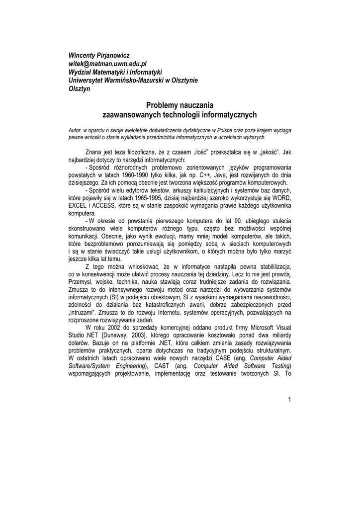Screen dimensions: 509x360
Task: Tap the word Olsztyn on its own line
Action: coord(79,89)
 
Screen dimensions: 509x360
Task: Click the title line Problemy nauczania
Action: coord(180,105)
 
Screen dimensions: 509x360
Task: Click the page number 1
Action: coord(289,400)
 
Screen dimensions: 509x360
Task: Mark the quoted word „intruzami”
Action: coord(83,313)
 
